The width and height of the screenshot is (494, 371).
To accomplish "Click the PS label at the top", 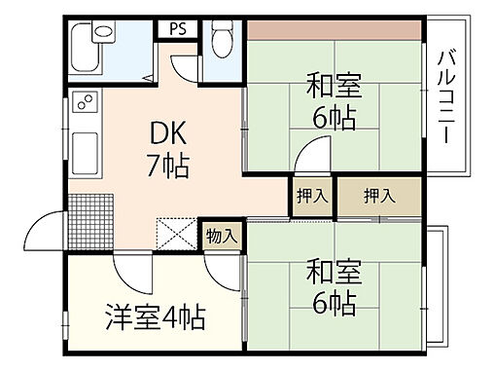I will coord(179,28).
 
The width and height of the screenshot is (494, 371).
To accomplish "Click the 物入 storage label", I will coord(221,235).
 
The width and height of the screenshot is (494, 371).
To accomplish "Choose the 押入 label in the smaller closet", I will coord(312,196).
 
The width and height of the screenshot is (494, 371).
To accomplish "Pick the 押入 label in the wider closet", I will coord(379,196).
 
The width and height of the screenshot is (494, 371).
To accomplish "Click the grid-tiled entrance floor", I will coord(89,217).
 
